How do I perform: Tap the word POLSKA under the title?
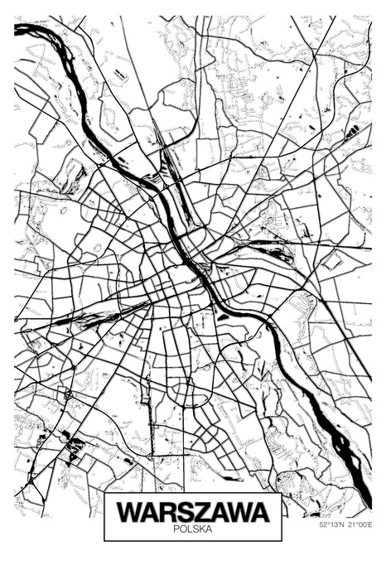pos(193,528)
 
